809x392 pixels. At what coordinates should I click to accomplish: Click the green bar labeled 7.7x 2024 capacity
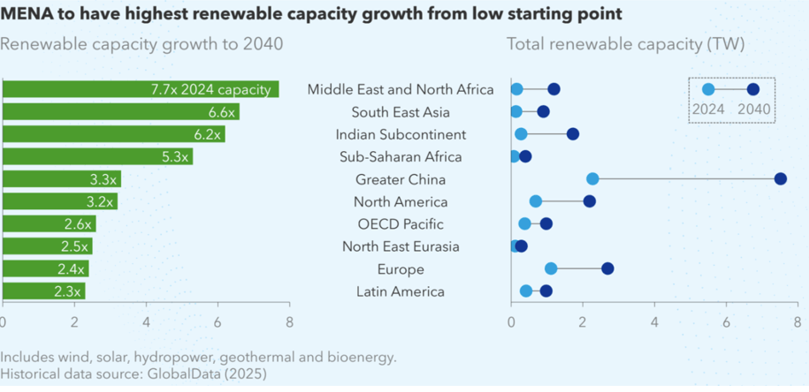coord(141,89)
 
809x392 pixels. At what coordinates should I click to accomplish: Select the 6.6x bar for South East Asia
coord(121,111)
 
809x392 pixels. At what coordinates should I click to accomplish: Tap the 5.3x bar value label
coord(176,157)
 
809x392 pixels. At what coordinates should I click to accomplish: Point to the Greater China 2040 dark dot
coord(780,179)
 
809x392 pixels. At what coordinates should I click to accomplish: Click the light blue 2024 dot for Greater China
coord(592,179)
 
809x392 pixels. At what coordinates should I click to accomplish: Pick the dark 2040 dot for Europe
coord(607,268)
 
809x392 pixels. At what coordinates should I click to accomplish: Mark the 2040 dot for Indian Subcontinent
coord(573,134)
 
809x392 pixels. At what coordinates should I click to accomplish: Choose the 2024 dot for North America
coord(536,201)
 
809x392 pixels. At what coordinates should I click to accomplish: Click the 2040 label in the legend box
coord(753,110)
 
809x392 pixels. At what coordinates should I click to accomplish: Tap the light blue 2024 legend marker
coord(708,89)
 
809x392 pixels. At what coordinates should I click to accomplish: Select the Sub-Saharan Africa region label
coord(401,157)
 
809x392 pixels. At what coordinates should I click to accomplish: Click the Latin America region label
coord(400,291)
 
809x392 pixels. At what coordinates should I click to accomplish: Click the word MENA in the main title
coord(30,13)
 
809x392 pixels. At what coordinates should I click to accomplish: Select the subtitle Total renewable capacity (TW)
coord(626,44)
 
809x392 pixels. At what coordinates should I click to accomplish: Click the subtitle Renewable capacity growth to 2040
coord(141,44)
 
